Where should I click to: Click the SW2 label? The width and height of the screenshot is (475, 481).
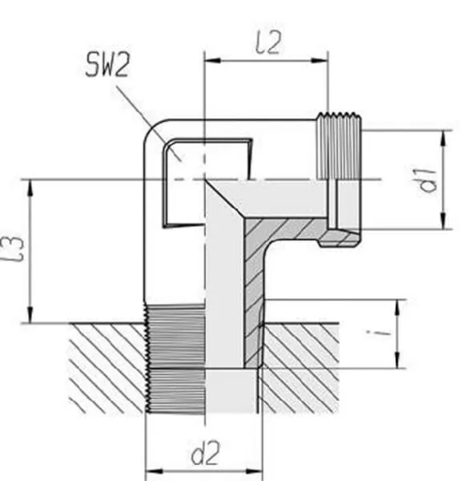107,65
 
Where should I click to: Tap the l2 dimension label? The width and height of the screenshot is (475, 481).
268,43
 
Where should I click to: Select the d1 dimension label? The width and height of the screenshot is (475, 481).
428,180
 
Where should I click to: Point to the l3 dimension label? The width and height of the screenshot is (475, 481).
14,249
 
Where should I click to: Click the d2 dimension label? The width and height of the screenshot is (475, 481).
206,452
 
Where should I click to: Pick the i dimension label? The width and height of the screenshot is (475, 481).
380,333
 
